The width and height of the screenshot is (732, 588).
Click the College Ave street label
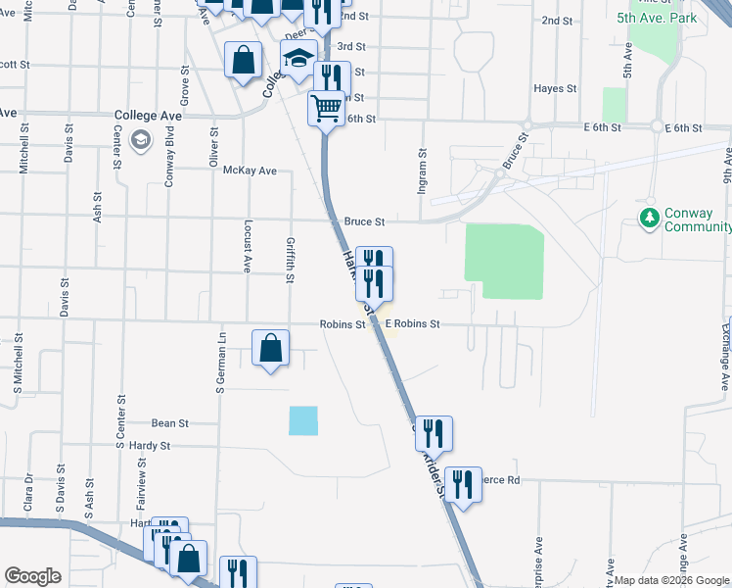click(148, 115)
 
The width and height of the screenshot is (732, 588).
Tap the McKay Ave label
click(250, 171)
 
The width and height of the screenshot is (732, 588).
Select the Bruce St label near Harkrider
click(364, 222)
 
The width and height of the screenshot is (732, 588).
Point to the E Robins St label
click(412, 323)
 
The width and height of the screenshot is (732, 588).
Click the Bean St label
click(169, 423)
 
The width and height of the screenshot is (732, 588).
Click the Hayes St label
click(555, 89)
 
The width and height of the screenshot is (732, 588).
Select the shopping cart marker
click(327, 106)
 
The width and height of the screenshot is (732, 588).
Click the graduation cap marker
click(299, 57)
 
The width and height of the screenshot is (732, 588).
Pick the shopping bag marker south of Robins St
click(271, 348)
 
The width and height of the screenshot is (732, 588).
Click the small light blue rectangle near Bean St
click(303, 420)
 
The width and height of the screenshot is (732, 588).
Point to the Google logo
click(32, 576)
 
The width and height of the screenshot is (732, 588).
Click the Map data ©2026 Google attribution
click(672, 580)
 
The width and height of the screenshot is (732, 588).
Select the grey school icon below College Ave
click(141, 140)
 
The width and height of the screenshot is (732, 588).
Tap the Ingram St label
click(423, 171)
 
